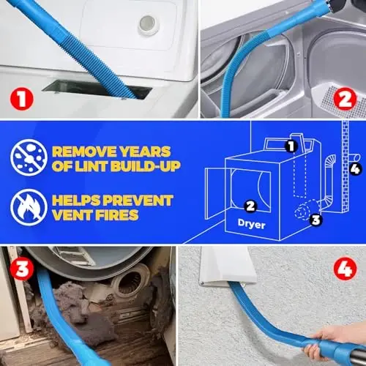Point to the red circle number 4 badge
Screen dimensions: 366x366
click(x=343, y=270)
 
